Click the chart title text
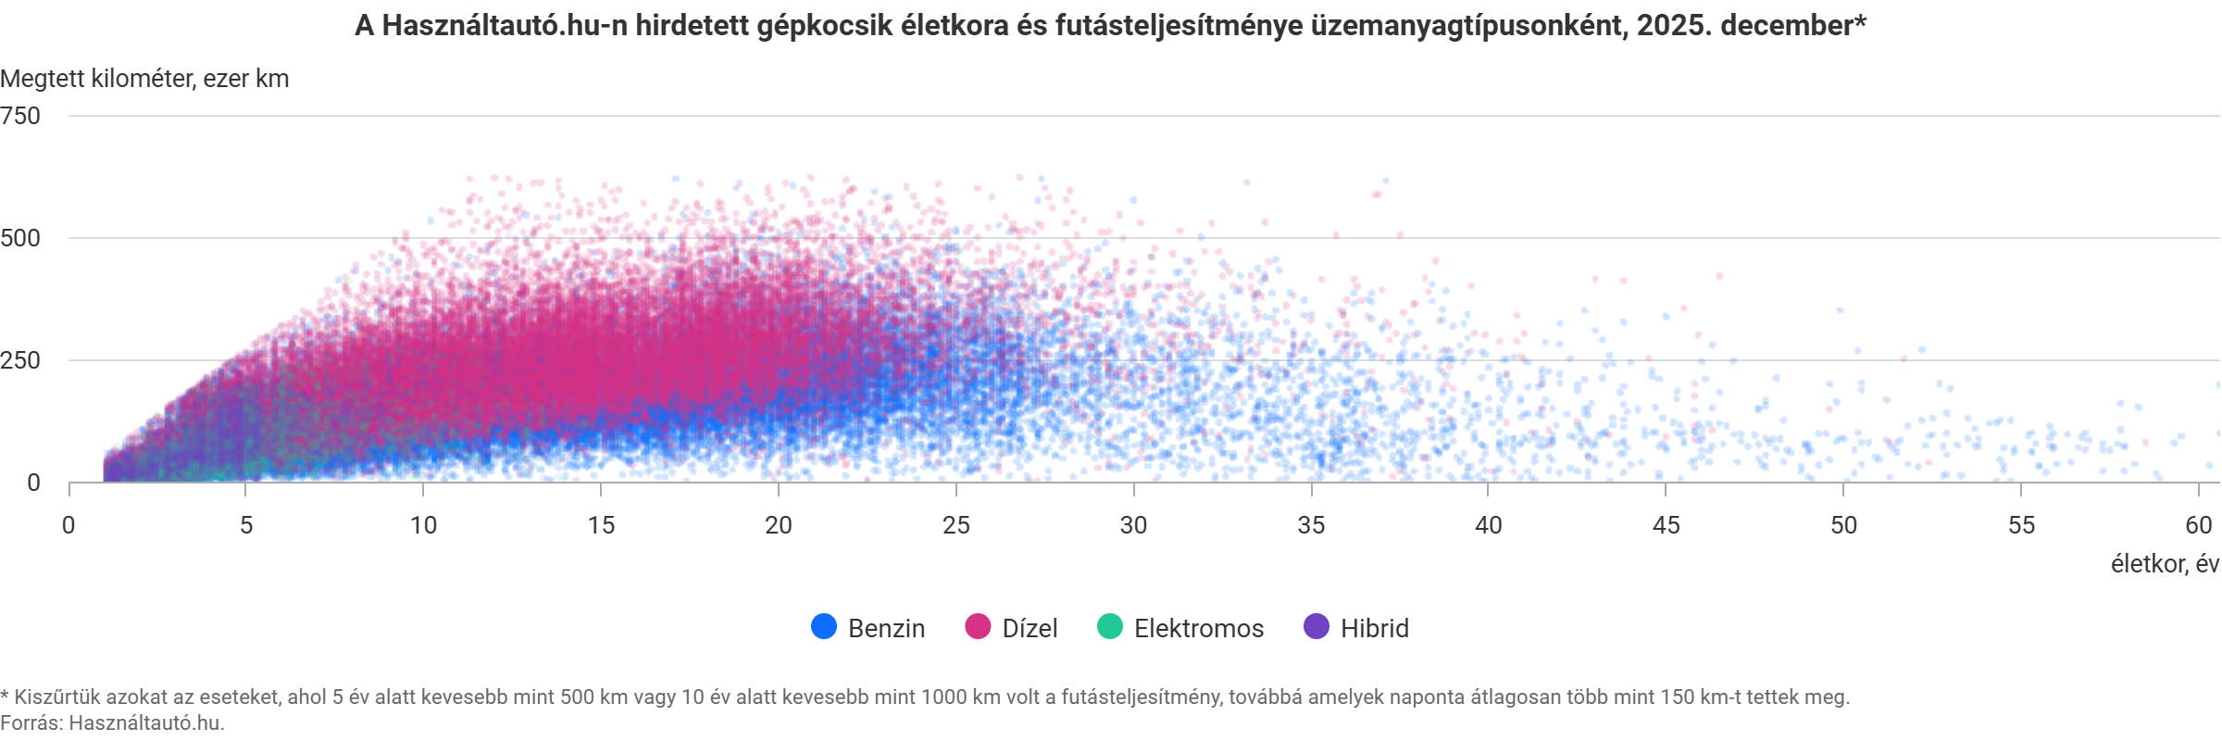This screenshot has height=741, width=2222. (x=1109, y=26)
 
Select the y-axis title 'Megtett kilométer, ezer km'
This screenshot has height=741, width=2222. (x=144, y=79)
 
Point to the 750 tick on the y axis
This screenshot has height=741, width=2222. (x=21, y=116)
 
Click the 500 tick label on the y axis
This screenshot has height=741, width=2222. (x=21, y=238)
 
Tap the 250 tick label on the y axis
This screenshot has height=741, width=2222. (x=21, y=360)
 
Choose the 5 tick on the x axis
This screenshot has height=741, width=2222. (x=246, y=525)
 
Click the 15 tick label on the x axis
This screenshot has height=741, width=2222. (x=601, y=525)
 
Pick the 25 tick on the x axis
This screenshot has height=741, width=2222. (x=956, y=525)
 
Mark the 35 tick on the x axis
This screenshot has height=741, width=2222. (x=1311, y=525)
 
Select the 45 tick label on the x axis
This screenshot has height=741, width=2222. (x=1666, y=525)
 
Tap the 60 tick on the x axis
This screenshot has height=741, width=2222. (x=2198, y=525)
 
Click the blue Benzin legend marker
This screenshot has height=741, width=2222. (x=824, y=627)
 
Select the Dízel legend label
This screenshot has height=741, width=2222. (x=1030, y=628)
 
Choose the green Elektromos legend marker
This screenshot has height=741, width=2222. (x=1109, y=627)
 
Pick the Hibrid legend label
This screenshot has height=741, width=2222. (x=1374, y=628)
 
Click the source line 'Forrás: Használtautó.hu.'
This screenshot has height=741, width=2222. (x=112, y=722)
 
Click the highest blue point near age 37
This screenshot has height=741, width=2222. (x=1385, y=181)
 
